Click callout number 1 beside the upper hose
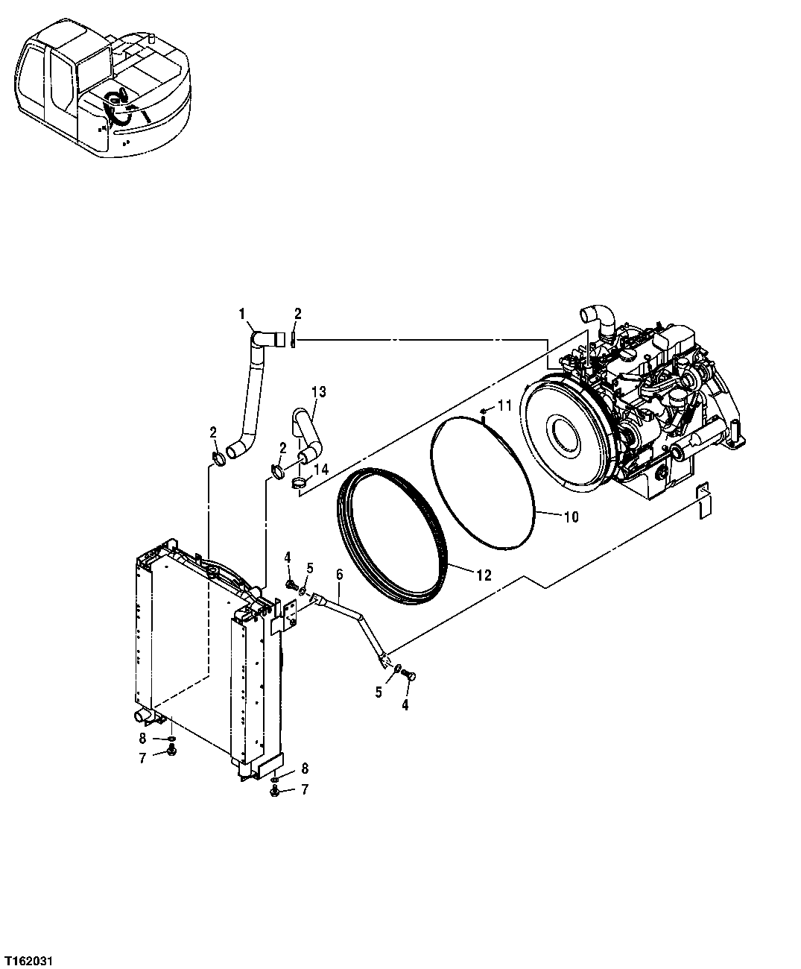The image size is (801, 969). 242,315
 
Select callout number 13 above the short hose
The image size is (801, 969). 319,391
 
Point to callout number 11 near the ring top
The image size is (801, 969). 504,405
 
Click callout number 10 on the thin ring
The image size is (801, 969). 570,516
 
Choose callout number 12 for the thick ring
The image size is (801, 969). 484,574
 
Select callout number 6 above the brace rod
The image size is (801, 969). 339,574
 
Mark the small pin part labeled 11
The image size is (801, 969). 484,411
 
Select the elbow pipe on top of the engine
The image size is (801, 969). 599,318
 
